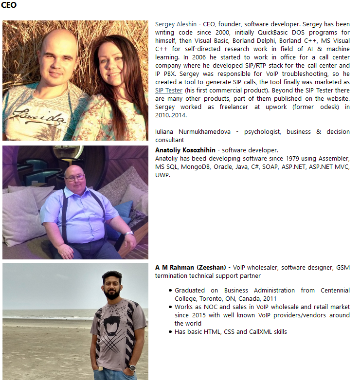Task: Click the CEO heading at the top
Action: point(9,5)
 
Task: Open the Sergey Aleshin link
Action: point(176,24)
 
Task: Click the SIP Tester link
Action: point(169,91)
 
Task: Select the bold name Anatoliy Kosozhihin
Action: point(185,150)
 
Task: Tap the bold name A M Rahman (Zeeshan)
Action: point(190,268)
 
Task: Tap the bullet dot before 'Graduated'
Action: point(170,291)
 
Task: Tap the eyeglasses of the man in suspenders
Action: point(75,177)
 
